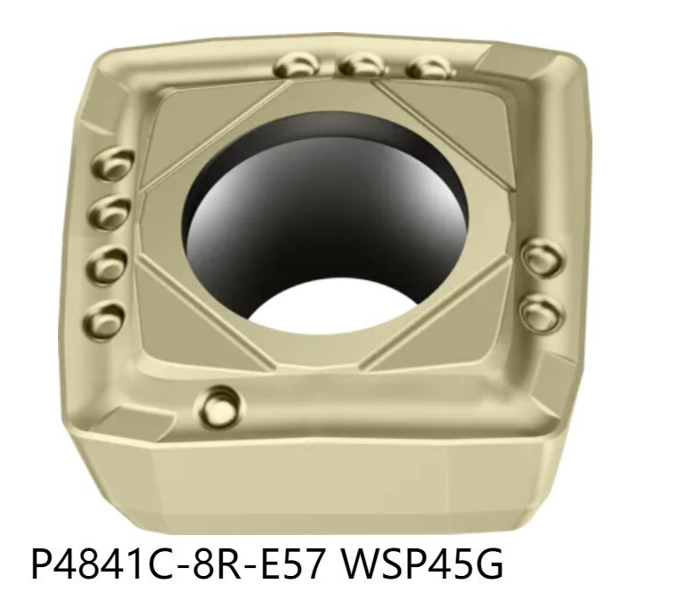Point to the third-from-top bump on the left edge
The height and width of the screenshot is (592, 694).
[x=108, y=264]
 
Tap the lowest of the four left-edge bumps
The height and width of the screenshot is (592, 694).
[x=105, y=316]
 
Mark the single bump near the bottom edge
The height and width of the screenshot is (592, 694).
[x=219, y=407]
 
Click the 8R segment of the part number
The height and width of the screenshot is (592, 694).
[x=223, y=562]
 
